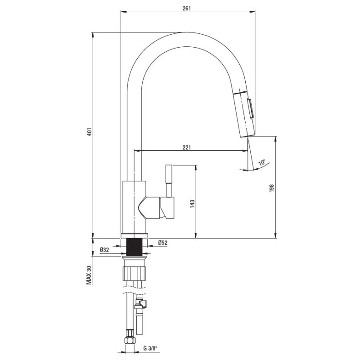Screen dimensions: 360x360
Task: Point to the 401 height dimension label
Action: tap(89, 132)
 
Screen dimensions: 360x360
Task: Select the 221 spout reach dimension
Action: tap(187, 147)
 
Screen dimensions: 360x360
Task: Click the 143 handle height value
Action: tap(192, 204)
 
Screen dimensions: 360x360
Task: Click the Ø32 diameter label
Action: tap(104, 250)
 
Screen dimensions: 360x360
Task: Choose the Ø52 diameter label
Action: tap(163, 243)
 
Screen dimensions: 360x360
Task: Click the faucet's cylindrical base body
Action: tap(135, 207)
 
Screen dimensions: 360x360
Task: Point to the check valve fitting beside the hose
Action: tap(143, 306)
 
